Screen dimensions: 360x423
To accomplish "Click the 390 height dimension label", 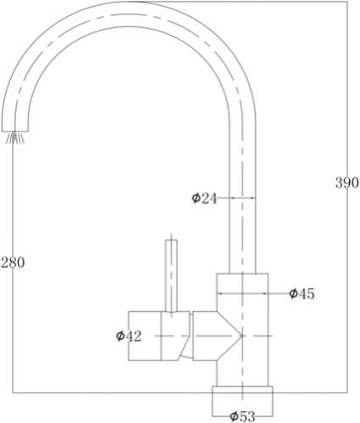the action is pos(347,183).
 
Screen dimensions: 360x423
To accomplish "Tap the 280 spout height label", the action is pos(13,263).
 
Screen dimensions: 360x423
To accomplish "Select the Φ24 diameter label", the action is pos(204,198).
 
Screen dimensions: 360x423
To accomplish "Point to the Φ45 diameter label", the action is pos(302,294).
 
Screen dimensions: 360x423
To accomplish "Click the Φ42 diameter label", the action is pos(129,336).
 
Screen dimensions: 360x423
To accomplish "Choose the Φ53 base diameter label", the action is pos(242,416).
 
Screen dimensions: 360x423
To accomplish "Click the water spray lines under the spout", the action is pos(15,138).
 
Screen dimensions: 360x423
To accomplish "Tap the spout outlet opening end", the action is pos(15,131).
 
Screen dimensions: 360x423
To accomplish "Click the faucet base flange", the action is pos(242,401).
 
